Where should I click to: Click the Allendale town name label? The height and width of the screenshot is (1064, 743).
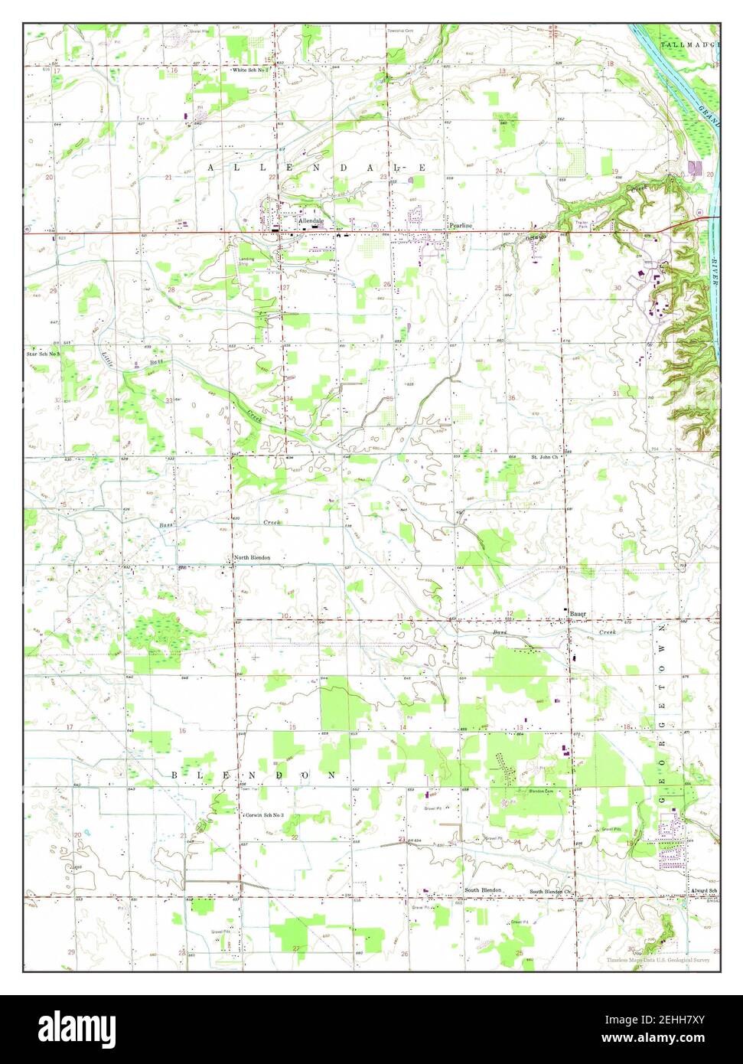pos(311,220)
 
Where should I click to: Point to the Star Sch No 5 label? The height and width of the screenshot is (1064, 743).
pos(43,355)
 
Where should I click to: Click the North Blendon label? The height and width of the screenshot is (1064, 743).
pos(253,557)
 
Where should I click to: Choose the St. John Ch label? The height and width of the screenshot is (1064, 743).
pos(546,457)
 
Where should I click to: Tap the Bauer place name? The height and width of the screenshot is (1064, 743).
pos(578,614)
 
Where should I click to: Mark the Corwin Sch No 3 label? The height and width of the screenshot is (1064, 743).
pos(265,815)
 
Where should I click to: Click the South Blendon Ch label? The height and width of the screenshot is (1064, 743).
pos(552,892)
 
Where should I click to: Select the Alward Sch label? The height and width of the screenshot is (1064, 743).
pos(702,891)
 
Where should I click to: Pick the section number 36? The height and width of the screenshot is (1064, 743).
pos(511,398)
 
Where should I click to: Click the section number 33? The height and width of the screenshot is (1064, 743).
pos(168,400)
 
